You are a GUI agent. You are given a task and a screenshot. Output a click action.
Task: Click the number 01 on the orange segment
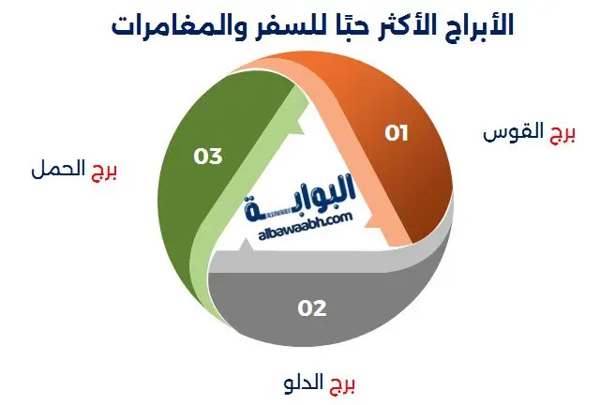coord(397,133)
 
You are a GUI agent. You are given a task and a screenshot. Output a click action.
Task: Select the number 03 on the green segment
coord(207,156)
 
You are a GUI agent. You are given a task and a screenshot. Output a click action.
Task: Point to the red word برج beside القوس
coord(562,133)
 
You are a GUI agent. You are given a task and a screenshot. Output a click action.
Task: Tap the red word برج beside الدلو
coord(343,382)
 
